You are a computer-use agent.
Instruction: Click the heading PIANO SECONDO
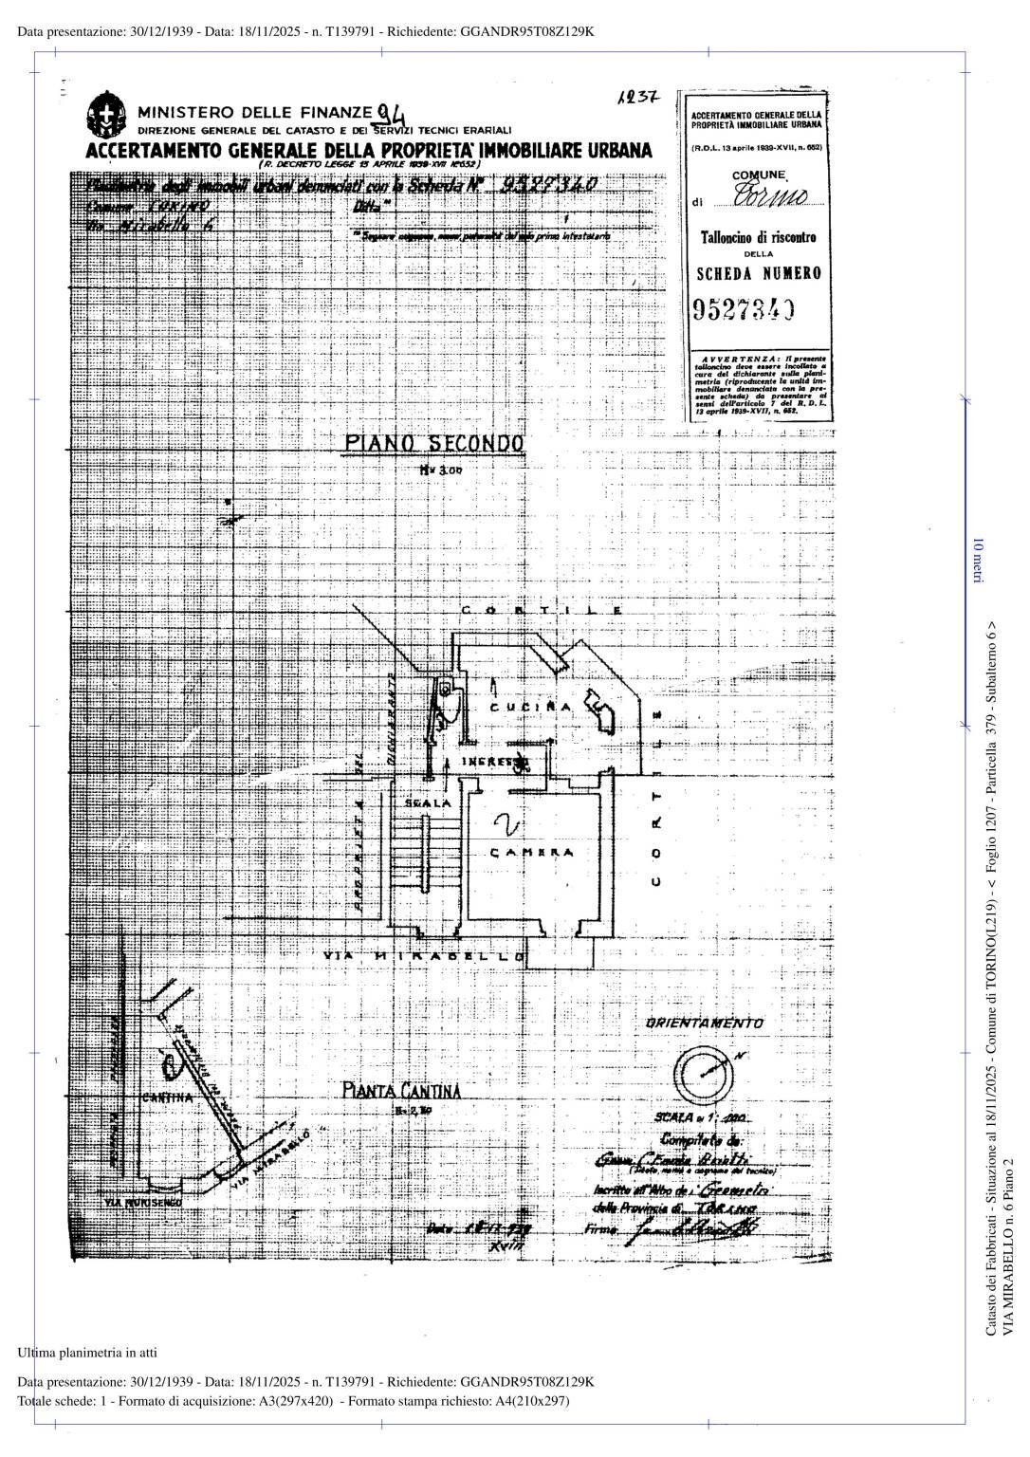click(433, 444)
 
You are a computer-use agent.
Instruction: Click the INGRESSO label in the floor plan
click(494, 763)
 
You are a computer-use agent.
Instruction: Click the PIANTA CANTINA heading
click(402, 1091)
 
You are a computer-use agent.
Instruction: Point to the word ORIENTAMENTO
click(705, 1024)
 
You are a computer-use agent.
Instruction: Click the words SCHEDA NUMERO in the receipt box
click(759, 273)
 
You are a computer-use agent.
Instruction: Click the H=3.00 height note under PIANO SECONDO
click(439, 470)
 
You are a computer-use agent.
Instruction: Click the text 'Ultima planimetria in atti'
click(87, 1352)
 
